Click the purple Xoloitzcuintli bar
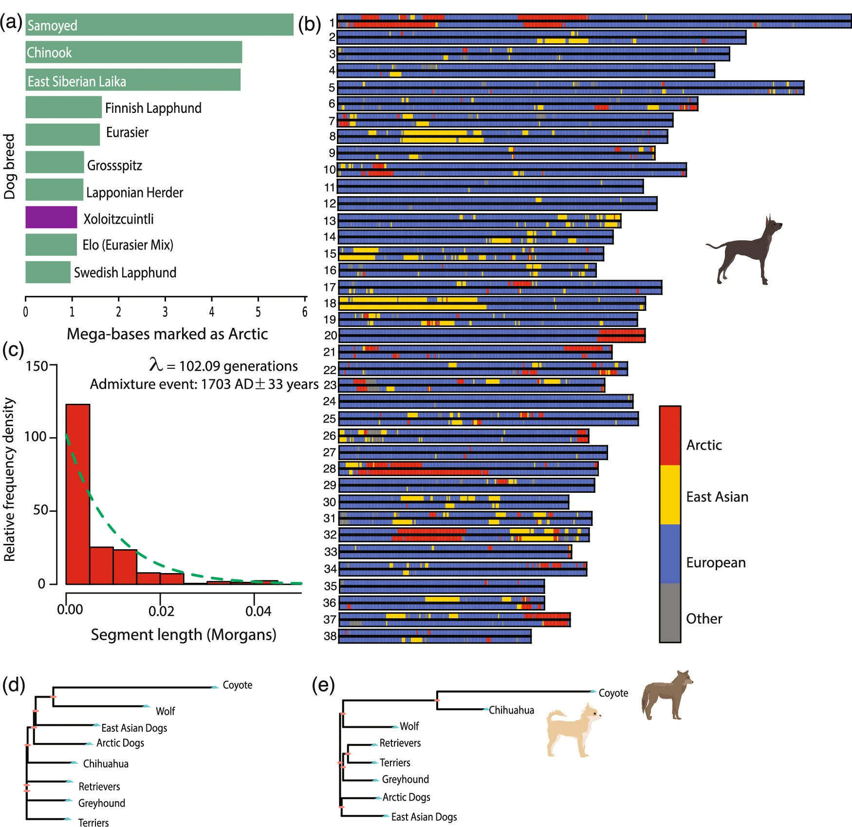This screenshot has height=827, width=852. click(51, 217)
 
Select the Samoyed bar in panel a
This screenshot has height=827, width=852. click(159, 25)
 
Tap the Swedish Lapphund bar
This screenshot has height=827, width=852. click(48, 272)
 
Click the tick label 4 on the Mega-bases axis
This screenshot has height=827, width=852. click(211, 312)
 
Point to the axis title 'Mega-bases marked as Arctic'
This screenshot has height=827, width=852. click(167, 334)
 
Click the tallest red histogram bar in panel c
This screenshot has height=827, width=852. click(78, 494)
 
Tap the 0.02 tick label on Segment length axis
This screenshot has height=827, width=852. click(161, 611)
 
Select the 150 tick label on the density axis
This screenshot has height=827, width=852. click(37, 366)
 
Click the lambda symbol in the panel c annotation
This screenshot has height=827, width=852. click(156, 364)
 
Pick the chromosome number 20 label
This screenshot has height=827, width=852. click(331, 335)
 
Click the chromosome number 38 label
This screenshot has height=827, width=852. click(331, 636)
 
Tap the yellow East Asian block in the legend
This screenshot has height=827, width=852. click(670, 495)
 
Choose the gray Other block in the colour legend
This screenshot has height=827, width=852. click(670, 612)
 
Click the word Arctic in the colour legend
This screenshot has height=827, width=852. click(704, 445)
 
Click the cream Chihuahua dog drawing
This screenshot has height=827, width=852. click(574, 730)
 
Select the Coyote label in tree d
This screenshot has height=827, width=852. click(238, 685)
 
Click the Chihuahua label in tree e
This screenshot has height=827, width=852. click(511, 710)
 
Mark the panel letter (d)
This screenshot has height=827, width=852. click(14, 684)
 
